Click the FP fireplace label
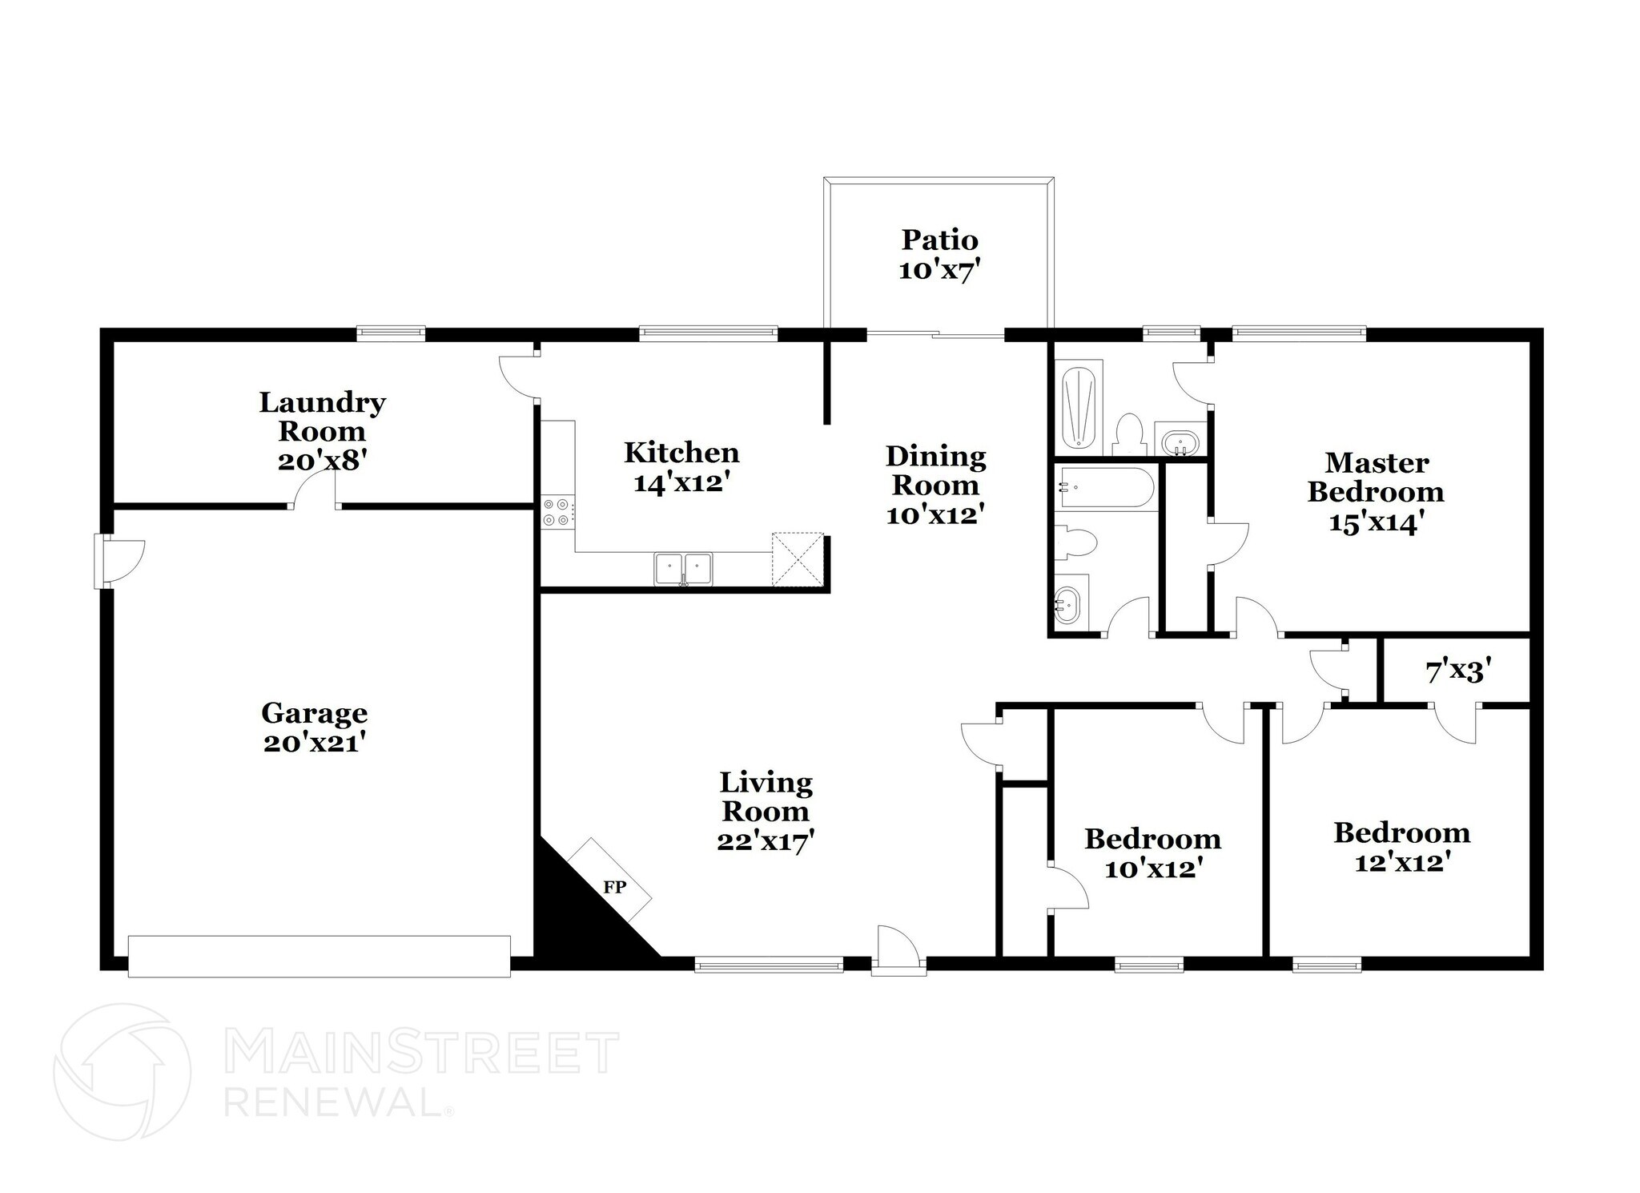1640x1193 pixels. coord(614,887)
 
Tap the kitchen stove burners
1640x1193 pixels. coord(557,512)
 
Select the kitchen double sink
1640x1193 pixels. coord(683,569)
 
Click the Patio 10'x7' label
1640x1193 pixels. coord(939,255)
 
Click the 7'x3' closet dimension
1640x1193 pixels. coord(1457,671)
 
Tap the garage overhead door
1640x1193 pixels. coord(319,956)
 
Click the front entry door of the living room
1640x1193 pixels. coord(898,951)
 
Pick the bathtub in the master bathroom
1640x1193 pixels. coord(1082,407)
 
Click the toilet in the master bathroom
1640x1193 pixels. coord(1129,433)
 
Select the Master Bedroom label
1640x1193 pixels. coord(1376,478)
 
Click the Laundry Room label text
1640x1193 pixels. coord(322,417)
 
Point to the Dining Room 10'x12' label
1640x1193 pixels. coord(935,485)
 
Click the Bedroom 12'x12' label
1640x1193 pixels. coord(1401,847)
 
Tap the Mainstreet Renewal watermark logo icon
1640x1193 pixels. coord(122,1071)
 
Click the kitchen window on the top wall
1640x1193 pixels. coord(708,333)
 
